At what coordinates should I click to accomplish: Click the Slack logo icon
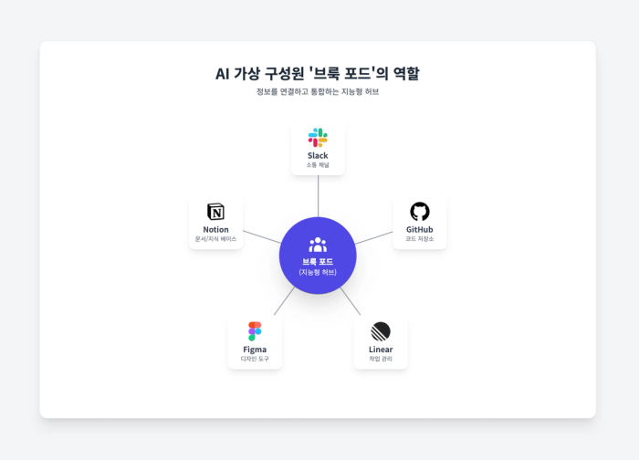tap(318, 138)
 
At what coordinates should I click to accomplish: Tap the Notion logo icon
tap(215, 212)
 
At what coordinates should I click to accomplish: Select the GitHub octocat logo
tap(420, 212)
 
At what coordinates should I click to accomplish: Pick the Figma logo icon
tap(255, 331)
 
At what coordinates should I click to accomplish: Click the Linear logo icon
tap(381, 331)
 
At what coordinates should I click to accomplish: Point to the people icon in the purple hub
tap(318, 245)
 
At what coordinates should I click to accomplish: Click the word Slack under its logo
tap(318, 156)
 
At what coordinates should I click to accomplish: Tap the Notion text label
tap(215, 230)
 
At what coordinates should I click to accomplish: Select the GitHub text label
tap(420, 230)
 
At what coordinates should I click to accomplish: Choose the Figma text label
tap(255, 350)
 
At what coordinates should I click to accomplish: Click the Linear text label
tap(381, 350)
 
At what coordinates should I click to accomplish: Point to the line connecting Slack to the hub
tap(318, 196)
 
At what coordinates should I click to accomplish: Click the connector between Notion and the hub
tap(262, 237)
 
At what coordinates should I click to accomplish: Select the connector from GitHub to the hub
tap(373, 238)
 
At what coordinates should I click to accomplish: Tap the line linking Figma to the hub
tap(284, 300)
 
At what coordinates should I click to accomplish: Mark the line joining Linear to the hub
tap(351, 300)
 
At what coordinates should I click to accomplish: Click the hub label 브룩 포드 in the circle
tap(318, 262)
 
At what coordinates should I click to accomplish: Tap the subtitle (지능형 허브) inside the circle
tap(318, 272)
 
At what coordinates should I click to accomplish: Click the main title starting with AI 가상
tap(318, 74)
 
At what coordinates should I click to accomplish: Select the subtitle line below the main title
tap(318, 91)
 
